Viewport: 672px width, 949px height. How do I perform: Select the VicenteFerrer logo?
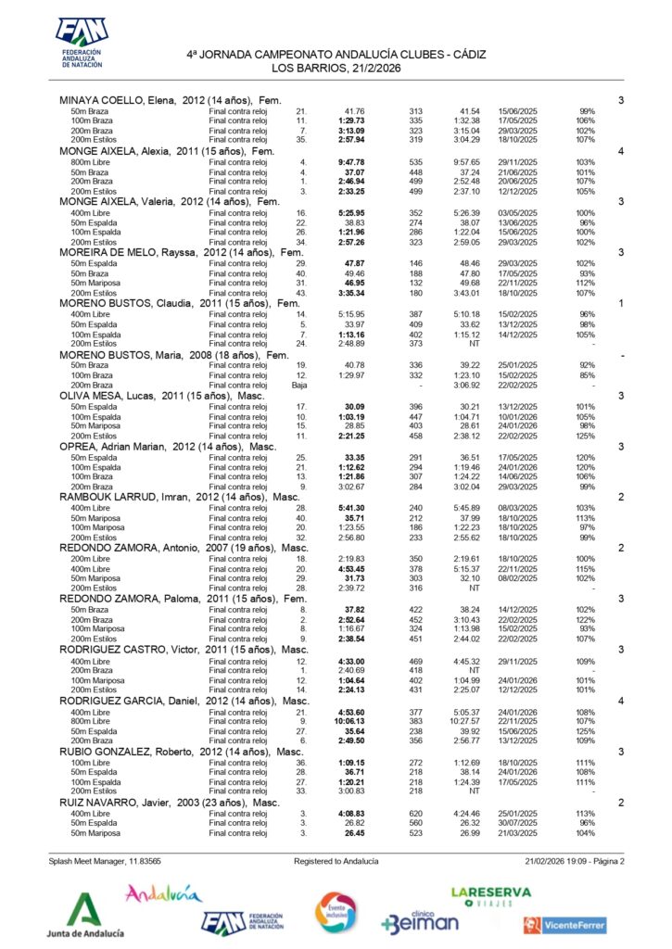[x=564, y=924]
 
